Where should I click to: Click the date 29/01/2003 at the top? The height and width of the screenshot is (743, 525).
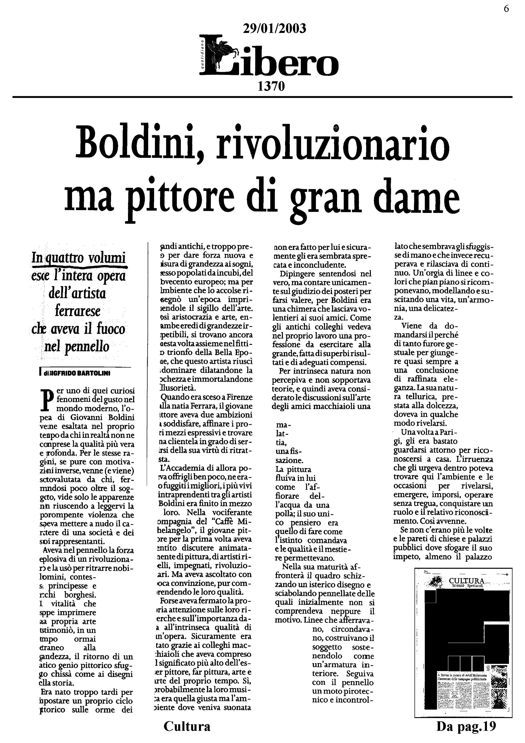(274, 29)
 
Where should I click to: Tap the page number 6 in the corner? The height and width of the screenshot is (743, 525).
(506, 9)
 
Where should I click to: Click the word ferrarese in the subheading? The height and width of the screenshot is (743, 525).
(78, 311)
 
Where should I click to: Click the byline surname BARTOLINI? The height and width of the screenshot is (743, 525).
(92, 373)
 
